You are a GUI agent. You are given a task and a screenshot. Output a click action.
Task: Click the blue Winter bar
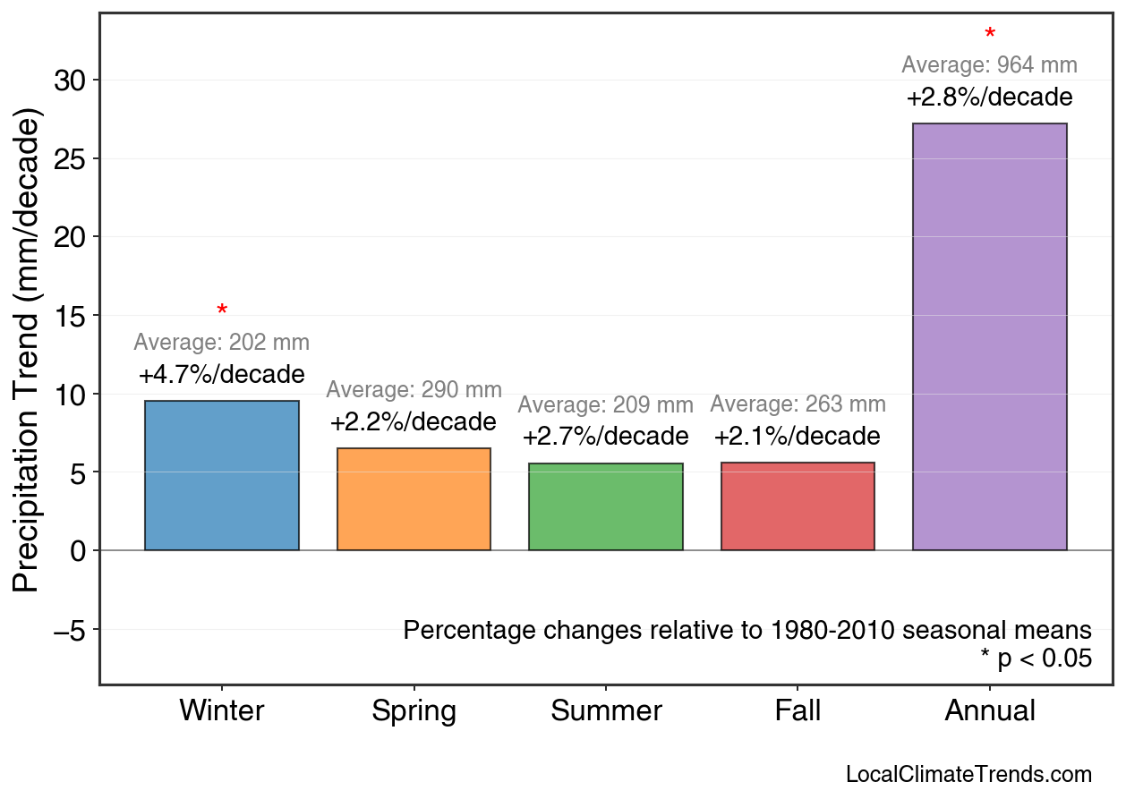click(x=222, y=475)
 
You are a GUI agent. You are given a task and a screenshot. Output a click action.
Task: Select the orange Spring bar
click(x=414, y=499)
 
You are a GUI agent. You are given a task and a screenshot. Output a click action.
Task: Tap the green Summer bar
click(x=606, y=506)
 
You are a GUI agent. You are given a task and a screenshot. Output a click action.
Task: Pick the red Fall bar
click(x=798, y=506)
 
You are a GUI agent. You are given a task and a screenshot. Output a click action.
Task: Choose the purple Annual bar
click(x=989, y=336)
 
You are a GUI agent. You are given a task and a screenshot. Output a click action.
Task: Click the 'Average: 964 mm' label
click(x=989, y=65)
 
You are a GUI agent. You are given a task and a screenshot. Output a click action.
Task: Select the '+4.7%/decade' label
click(x=222, y=374)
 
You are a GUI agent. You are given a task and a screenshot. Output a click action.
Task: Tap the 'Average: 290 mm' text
click(x=414, y=390)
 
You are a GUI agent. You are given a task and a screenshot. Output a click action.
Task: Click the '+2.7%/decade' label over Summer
click(x=606, y=437)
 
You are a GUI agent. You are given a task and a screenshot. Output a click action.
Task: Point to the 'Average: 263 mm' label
click(x=798, y=404)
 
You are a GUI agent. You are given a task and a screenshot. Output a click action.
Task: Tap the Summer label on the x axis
click(x=606, y=711)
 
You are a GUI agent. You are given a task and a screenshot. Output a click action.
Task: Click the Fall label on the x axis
click(x=798, y=711)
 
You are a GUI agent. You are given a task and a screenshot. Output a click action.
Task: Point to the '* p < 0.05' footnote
click(x=1036, y=659)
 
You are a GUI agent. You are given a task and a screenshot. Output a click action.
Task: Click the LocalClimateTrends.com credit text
click(x=968, y=775)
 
